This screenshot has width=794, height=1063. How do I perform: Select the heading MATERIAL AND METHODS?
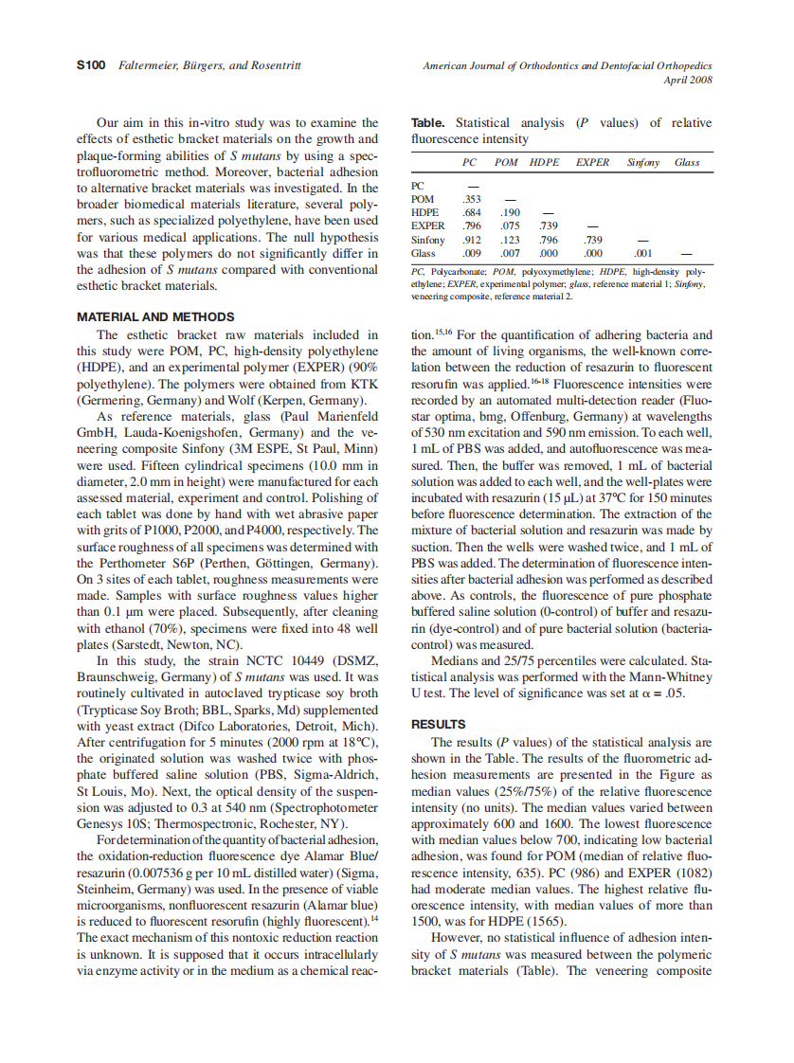[x=155, y=316]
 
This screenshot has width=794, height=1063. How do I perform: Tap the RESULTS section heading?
[x=437, y=724]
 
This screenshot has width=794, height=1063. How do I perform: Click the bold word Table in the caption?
[x=428, y=123]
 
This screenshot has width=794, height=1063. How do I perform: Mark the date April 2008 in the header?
[x=687, y=80]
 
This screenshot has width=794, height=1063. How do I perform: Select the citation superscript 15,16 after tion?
[x=442, y=332]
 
